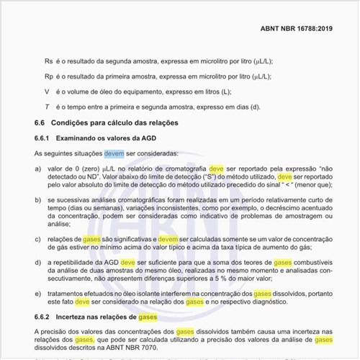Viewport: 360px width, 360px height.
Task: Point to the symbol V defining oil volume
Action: [47, 91]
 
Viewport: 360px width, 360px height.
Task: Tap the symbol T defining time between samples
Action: [47, 107]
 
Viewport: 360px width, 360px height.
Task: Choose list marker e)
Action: [38, 296]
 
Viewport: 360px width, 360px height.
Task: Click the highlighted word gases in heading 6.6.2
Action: [148, 317]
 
